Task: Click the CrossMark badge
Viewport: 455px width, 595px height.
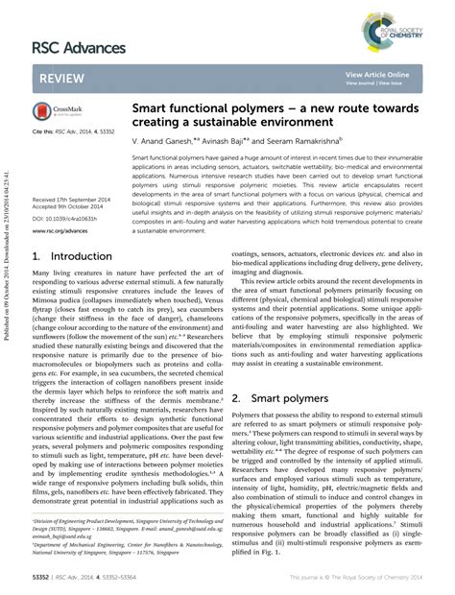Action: pos(54,112)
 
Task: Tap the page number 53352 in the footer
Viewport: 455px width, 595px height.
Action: pos(43,580)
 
